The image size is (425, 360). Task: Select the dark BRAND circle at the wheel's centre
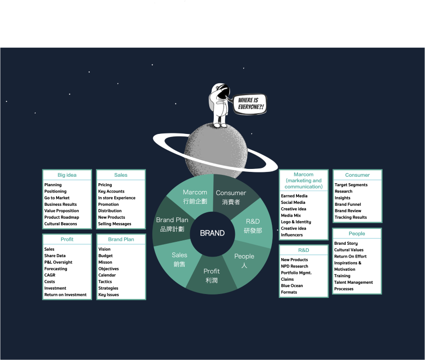[212, 233]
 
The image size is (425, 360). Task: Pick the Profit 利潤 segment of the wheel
[212, 276]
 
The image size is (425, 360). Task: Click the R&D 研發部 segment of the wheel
[253, 226]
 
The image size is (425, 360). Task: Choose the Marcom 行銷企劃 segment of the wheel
[195, 196]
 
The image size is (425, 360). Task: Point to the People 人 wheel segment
[244, 261]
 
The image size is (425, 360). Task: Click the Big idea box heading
[67, 175]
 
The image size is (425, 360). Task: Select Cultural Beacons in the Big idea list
[60, 224]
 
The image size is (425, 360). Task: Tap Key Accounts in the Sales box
[111, 191]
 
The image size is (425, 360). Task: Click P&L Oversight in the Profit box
[58, 262]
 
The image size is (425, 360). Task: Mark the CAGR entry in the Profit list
[50, 275]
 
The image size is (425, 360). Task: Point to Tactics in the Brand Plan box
[105, 282]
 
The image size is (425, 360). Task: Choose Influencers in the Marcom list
[292, 235]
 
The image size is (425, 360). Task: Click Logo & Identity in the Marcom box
[296, 222]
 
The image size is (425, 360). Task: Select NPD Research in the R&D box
[294, 266]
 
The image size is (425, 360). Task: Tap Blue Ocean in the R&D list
[292, 286]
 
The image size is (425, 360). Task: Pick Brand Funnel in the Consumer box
[348, 204]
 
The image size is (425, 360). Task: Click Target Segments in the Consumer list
[351, 185]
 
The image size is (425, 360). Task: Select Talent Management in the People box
[354, 282]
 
